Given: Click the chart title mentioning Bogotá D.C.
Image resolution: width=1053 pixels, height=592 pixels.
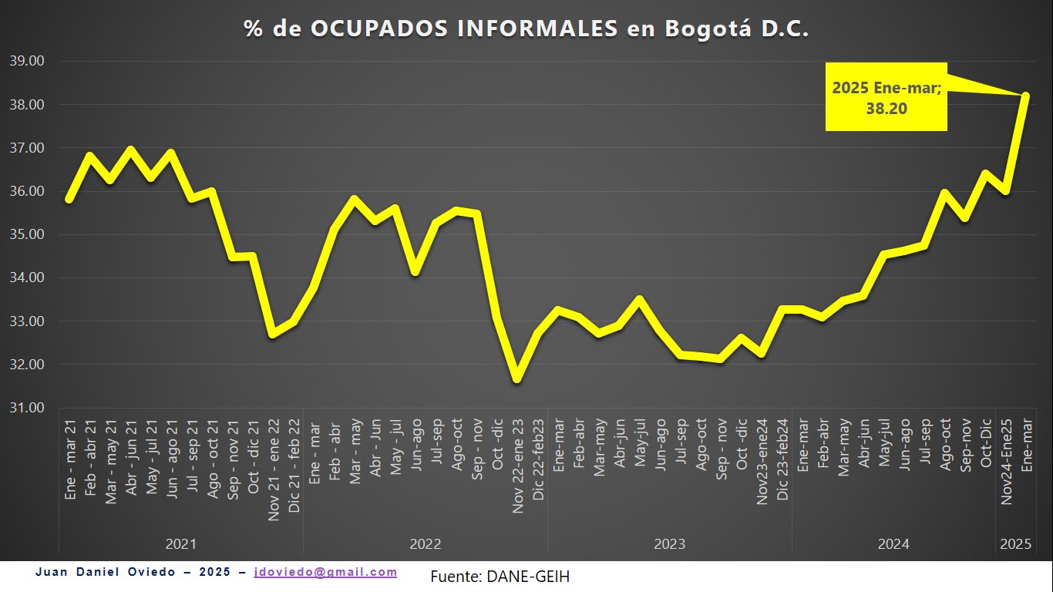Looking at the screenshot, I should (x=526, y=29).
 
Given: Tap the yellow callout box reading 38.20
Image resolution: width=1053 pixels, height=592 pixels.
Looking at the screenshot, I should (x=886, y=98).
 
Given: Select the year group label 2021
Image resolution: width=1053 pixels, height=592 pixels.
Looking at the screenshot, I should (x=181, y=544).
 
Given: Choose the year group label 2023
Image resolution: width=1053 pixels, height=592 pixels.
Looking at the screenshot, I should (x=670, y=544).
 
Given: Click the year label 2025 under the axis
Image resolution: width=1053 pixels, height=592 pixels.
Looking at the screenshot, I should (x=1015, y=544).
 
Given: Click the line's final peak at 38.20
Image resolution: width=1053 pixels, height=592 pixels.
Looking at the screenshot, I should (x=1025, y=96).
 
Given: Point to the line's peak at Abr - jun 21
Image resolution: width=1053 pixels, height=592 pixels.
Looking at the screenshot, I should (x=130, y=150).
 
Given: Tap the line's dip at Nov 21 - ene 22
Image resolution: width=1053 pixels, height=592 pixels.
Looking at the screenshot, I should (x=273, y=334).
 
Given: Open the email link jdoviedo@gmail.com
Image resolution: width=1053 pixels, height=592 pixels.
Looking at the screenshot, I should (x=325, y=572).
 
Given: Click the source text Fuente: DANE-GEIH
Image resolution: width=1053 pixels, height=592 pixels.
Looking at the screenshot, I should (x=500, y=576).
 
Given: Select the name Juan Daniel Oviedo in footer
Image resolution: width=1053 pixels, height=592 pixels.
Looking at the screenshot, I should (x=109, y=572).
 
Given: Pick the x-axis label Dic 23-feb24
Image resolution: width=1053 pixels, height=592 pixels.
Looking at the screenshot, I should (x=782, y=460).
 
